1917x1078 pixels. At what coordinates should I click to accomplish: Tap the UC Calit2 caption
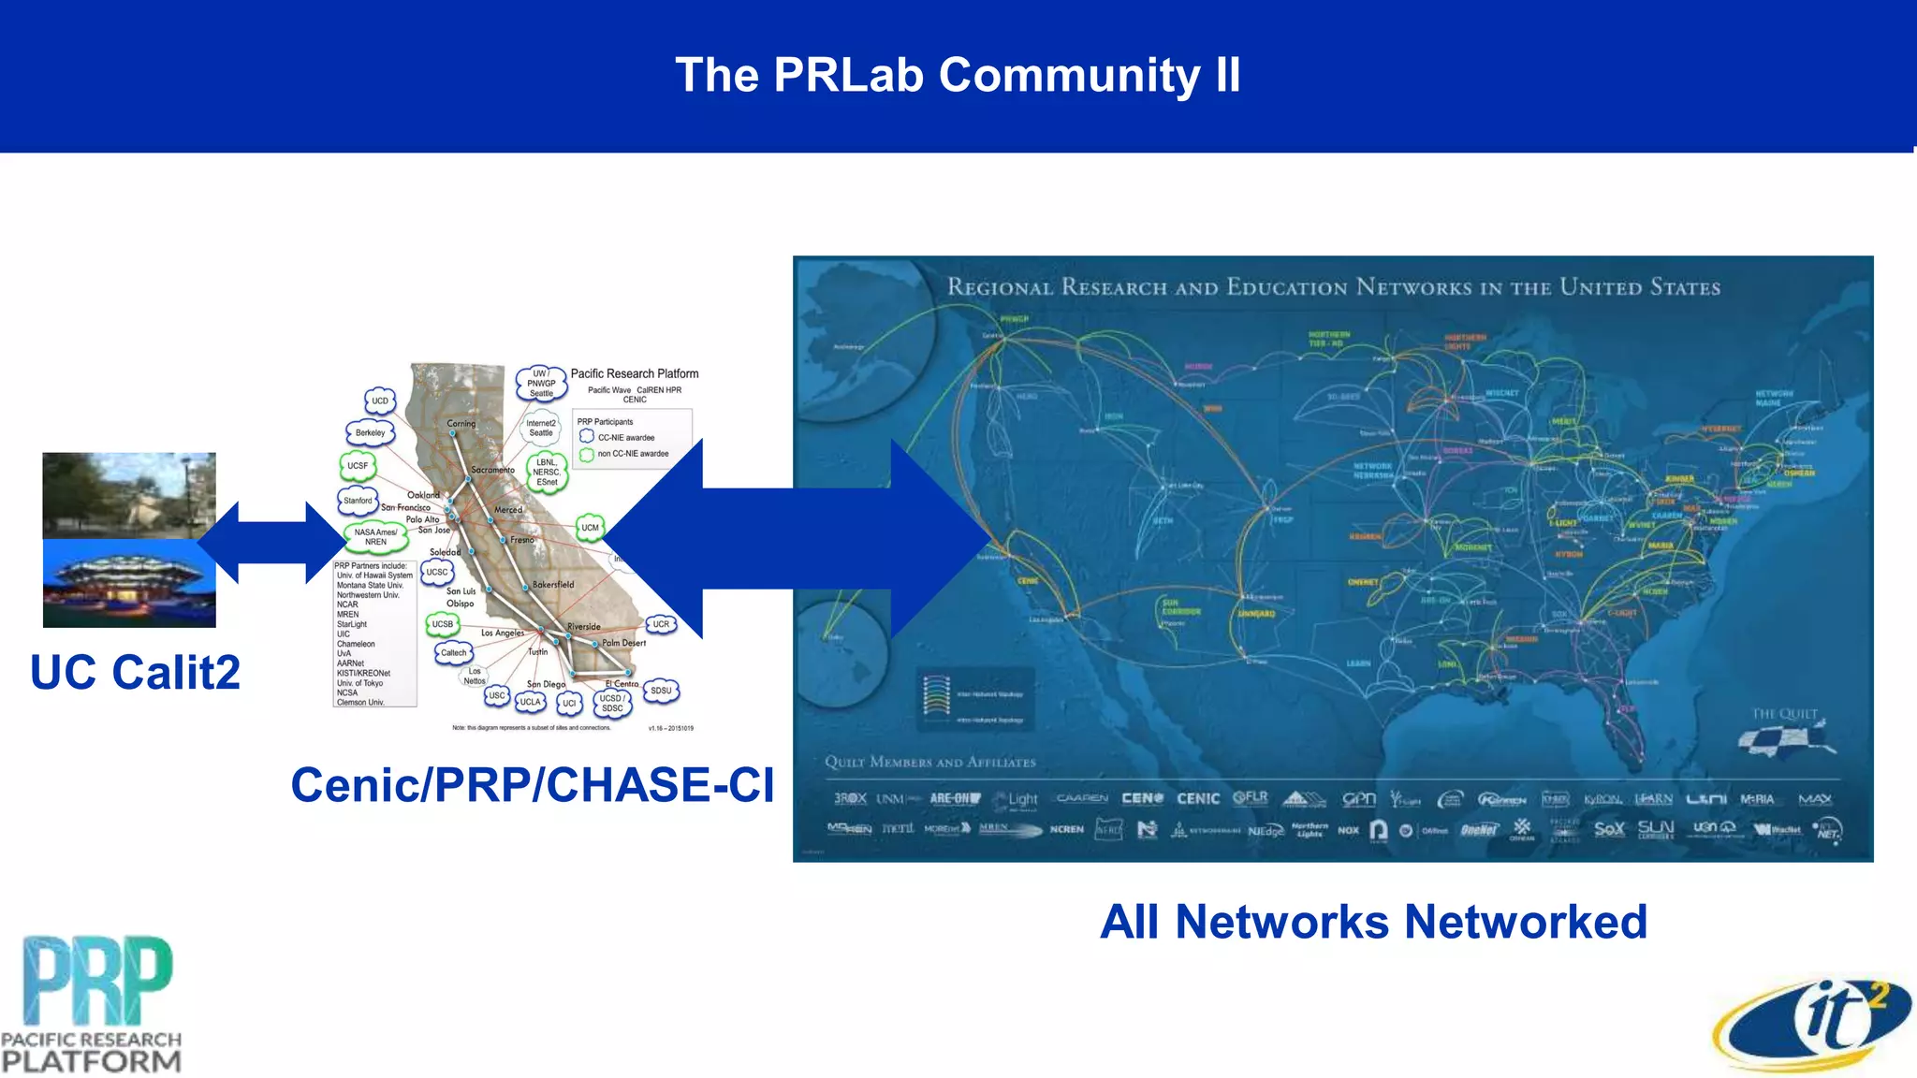tap(135, 672)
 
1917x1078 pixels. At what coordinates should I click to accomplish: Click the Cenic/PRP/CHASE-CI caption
tap(532, 784)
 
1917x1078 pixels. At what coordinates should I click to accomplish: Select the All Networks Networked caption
tap(1372, 921)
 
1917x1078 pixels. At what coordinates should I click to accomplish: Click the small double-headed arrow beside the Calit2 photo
tap(271, 542)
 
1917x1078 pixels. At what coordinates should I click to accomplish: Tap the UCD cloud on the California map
tap(379, 401)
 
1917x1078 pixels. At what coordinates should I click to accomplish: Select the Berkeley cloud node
tap(370, 432)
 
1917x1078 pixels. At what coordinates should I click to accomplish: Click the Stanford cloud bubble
tap(358, 501)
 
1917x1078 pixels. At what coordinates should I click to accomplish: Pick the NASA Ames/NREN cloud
tap(375, 536)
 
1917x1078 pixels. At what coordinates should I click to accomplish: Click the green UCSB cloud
tap(442, 624)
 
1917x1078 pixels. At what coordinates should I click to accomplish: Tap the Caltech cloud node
tap(453, 652)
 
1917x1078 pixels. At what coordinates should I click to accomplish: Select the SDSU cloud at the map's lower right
tap(661, 691)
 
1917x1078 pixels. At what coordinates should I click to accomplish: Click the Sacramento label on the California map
tap(492, 470)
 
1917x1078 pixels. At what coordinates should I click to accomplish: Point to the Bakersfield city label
tap(552, 584)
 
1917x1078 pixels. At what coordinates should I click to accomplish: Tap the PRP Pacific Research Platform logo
tap(92, 1003)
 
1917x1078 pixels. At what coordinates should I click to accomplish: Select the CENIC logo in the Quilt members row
tap(1197, 798)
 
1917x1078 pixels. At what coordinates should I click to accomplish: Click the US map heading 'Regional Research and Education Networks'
tap(1333, 287)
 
